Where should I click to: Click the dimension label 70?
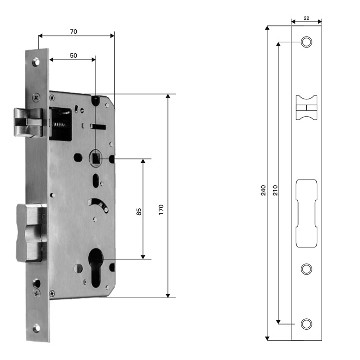(x=73, y=32)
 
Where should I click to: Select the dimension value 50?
(x=73, y=56)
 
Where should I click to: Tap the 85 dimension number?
(x=139, y=212)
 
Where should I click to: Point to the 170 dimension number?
(x=161, y=210)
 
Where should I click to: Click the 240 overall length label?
(x=263, y=191)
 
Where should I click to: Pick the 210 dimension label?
(x=275, y=191)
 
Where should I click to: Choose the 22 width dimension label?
(x=306, y=18)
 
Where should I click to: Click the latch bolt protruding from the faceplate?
(x=28, y=122)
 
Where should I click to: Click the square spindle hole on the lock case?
(x=96, y=158)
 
